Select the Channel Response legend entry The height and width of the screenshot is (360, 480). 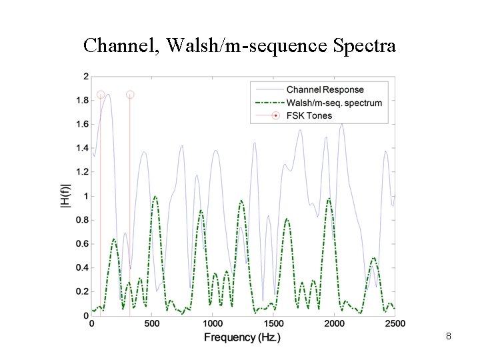325,89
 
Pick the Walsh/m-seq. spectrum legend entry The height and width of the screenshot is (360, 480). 334,103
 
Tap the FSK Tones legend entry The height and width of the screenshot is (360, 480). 309,116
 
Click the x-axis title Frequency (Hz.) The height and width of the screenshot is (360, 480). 242,337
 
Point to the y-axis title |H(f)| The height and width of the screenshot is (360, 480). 65,196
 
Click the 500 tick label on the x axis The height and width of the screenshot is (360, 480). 152,323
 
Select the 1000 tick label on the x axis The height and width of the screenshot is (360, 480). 213,323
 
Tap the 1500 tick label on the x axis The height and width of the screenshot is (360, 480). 273,323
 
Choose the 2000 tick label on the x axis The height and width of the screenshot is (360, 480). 334,323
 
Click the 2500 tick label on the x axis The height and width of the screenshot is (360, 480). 394,323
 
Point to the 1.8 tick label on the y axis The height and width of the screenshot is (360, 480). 81,100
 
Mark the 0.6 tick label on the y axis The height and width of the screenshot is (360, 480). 81,244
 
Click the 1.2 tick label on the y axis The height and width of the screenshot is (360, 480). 81,172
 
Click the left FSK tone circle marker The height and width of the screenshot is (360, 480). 101,95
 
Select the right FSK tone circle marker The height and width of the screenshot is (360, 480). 130,95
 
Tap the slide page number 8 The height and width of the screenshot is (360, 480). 449,337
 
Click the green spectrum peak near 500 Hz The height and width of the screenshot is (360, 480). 155,197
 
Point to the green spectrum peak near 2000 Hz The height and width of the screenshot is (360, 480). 329,199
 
